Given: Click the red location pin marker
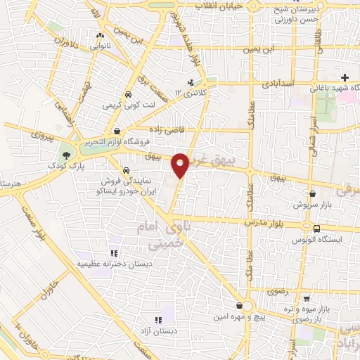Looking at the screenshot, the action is click(x=181, y=165).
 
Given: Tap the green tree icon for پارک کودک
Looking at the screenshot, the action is click(x=66, y=153).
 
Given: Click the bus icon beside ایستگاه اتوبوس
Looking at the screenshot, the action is click(x=316, y=229).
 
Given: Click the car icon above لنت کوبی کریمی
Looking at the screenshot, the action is click(x=128, y=94).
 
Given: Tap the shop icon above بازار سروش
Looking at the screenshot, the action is click(x=312, y=193).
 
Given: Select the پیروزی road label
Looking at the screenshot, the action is click(x=37, y=131).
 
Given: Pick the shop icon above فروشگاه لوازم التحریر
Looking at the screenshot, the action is click(x=116, y=131).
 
